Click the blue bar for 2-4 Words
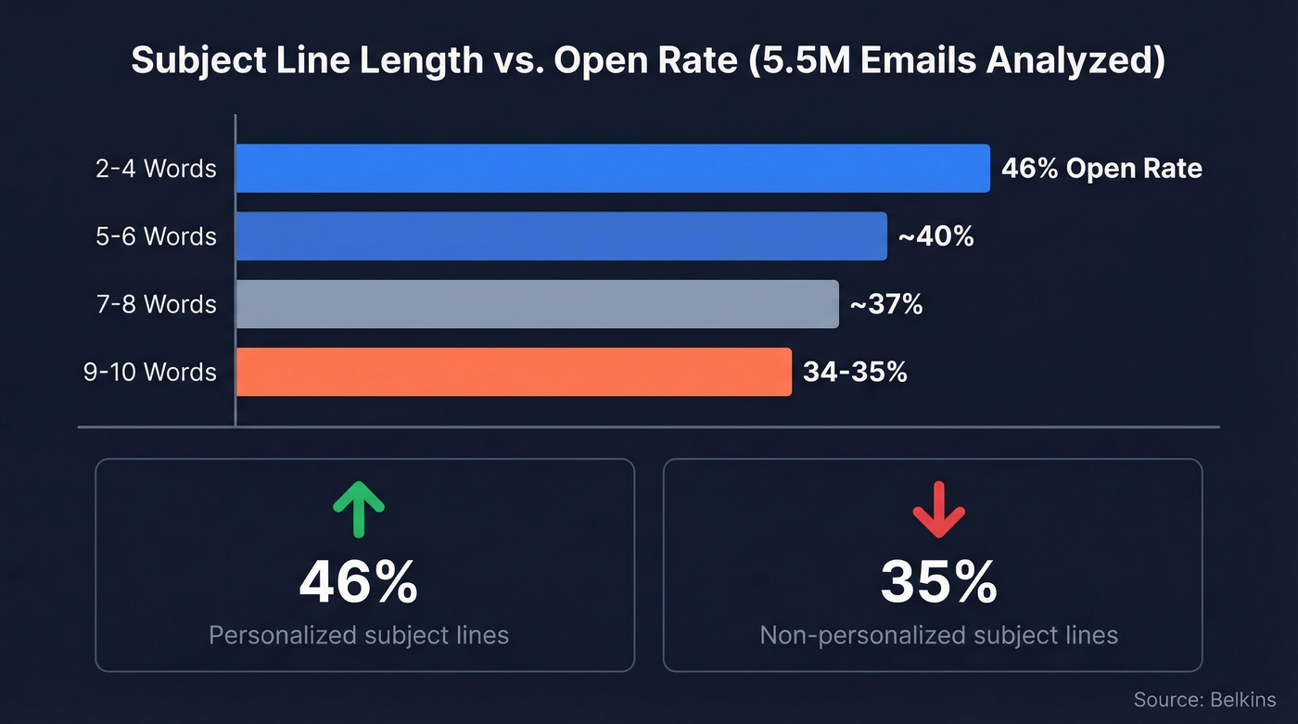coord(612,169)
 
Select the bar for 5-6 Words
coord(561,236)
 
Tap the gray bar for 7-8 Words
coord(537,304)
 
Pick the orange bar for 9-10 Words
coord(513,372)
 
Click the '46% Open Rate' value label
coord(1101,169)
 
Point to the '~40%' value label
coord(935,236)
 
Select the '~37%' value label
coord(885,304)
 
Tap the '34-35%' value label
coord(855,372)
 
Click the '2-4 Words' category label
coord(156,169)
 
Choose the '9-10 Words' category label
coord(149,372)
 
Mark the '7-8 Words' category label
coord(156,304)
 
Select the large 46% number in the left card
coord(358,582)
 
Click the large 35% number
coord(938,582)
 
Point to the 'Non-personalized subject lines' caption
coord(938,635)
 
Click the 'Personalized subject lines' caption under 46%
coord(358,635)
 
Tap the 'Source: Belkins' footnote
coord(1204,700)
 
